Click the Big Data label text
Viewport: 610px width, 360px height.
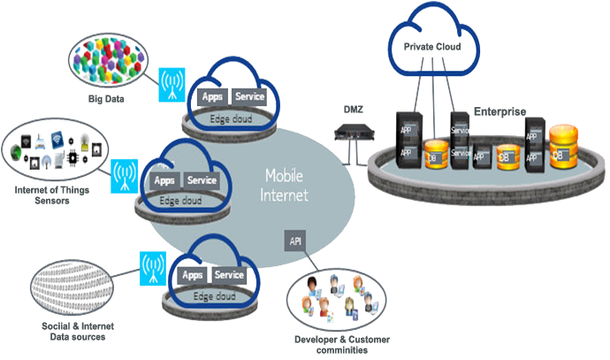(105, 99)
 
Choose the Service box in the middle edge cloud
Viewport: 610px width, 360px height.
(202, 180)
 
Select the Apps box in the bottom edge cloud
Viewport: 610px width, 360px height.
(193, 275)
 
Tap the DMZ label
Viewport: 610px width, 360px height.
(354, 109)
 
